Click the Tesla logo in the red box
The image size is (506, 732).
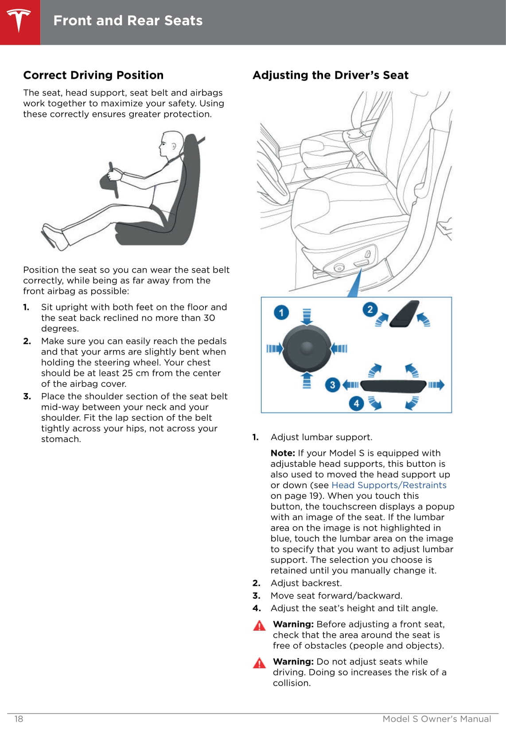coord(19,21)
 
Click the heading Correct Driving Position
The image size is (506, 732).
coord(93,75)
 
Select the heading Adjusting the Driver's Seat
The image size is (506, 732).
coord(331,75)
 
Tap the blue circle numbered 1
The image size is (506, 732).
coord(281,312)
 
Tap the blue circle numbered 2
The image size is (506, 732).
coord(370,309)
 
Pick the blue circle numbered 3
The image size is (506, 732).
coord(332,385)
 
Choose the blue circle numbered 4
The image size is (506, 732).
coord(357,403)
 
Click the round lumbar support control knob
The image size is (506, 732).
coord(307,349)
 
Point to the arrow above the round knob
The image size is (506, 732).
coord(307,317)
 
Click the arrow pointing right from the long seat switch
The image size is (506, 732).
coord(436,385)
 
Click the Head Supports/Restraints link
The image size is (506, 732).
coord(389,485)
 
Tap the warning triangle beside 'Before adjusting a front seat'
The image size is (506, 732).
coord(259,625)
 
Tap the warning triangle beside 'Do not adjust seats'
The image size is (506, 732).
coord(259,663)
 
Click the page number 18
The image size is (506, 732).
coord(19,719)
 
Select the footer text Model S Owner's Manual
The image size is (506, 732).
coord(437,719)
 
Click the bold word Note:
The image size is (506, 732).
coord(283,453)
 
